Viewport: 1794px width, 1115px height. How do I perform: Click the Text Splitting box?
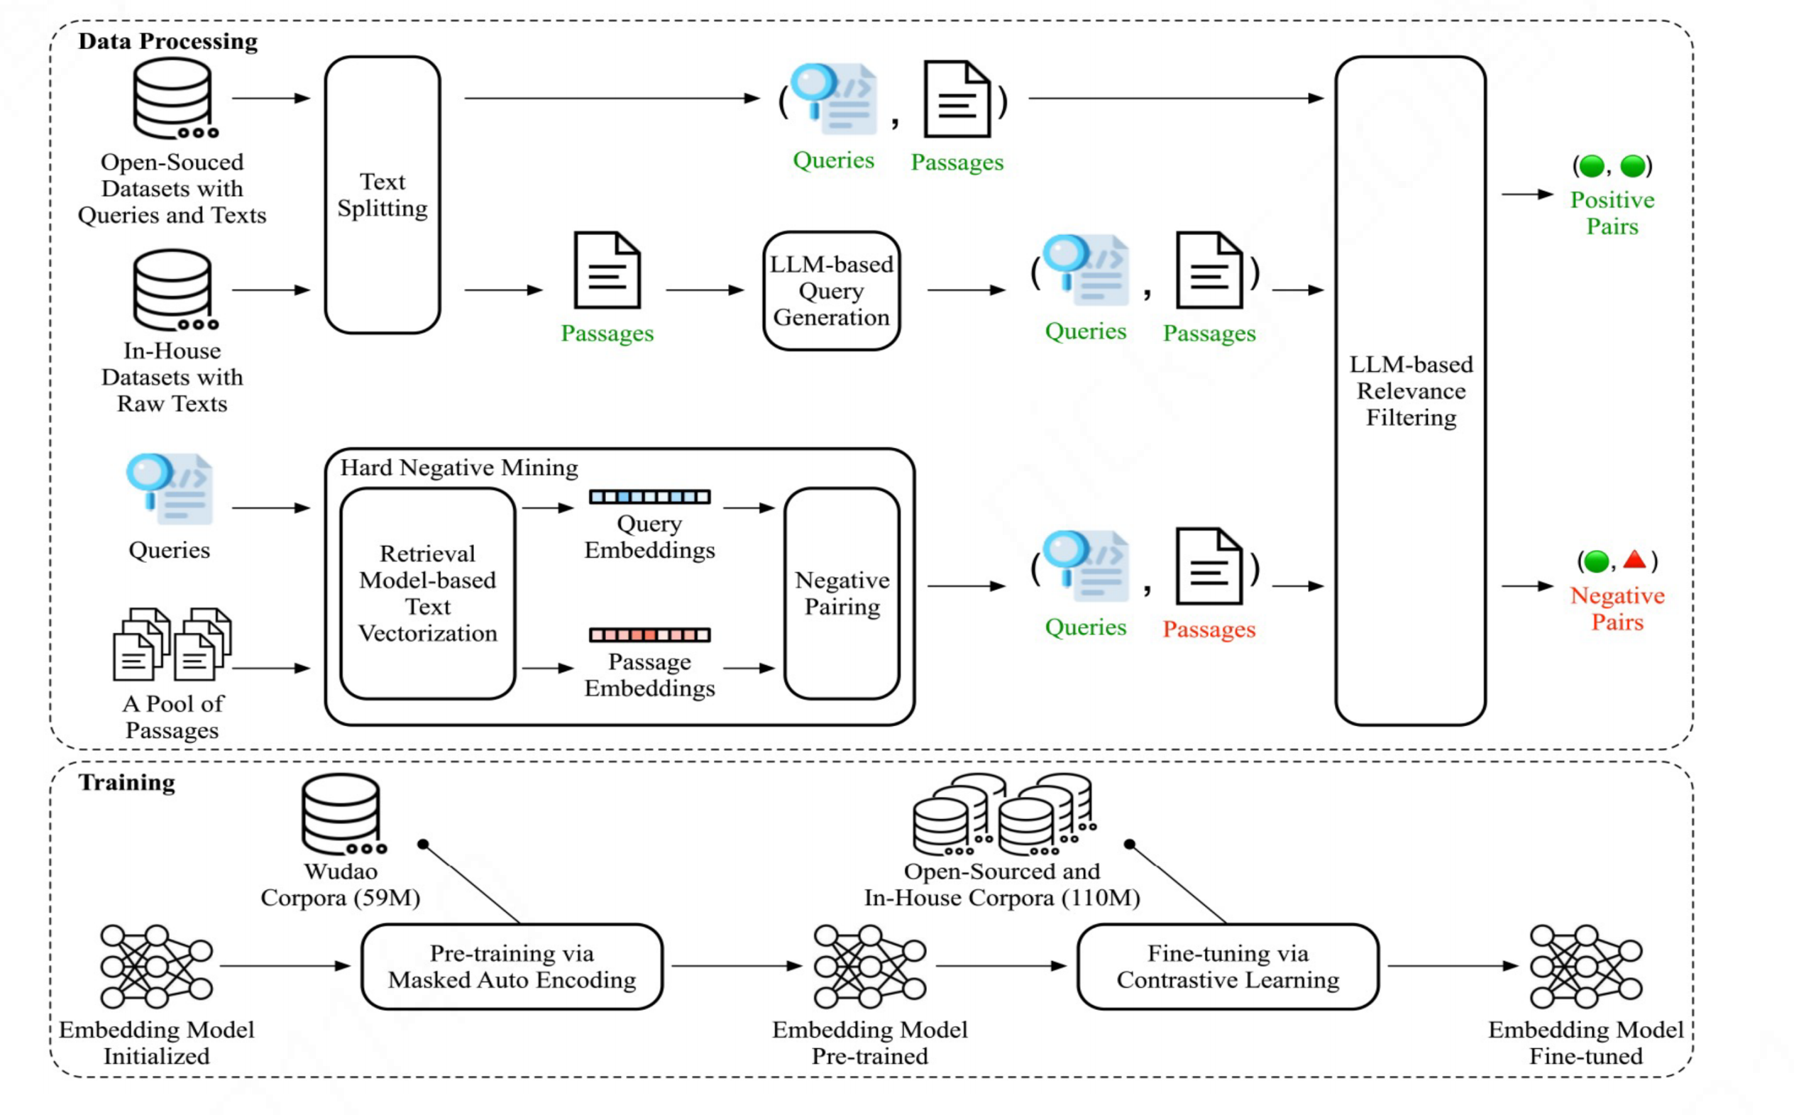(x=382, y=194)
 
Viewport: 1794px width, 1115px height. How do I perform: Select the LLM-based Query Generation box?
(x=831, y=290)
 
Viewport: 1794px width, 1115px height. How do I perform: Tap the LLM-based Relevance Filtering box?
(x=1410, y=391)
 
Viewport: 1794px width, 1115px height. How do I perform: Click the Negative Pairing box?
(x=842, y=593)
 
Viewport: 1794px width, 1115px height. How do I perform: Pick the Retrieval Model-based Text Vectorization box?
(x=428, y=593)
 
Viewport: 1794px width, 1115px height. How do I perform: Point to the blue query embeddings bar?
(x=649, y=497)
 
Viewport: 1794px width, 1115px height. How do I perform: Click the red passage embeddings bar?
(x=649, y=635)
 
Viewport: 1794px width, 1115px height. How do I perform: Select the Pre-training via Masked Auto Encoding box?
(x=512, y=966)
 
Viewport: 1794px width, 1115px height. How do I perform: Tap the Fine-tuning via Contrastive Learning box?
(x=1227, y=966)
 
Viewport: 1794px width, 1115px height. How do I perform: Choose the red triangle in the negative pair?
(x=1634, y=560)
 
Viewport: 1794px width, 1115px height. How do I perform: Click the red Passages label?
(x=1209, y=629)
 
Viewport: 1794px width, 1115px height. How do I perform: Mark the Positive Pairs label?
(x=1612, y=212)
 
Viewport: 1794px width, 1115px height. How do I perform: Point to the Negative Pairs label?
(x=1617, y=608)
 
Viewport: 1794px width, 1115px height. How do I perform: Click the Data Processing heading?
(x=168, y=41)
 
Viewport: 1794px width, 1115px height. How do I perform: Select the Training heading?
(x=127, y=781)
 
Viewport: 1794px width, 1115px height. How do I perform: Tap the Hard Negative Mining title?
(x=458, y=468)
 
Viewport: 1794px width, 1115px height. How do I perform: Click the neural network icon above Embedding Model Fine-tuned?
(x=1585, y=966)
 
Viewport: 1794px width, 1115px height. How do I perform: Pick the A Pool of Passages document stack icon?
(x=172, y=644)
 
